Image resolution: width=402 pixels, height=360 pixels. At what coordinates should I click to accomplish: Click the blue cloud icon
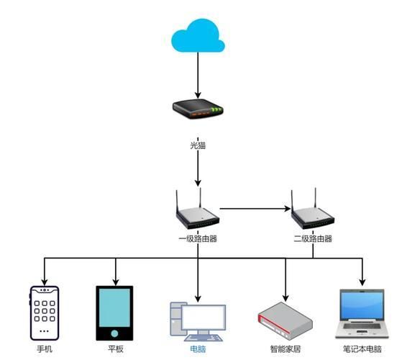tap(198, 35)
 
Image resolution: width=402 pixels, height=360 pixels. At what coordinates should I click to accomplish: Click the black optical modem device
tap(198, 109)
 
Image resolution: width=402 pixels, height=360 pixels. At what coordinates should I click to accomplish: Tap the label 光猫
tap(198, 145)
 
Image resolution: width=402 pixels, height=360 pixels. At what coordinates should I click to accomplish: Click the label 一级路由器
tap(198, 238)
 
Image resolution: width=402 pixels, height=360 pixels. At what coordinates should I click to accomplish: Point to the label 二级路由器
tap(313, 238)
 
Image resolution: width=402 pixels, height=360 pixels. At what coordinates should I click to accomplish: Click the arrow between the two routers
tap(255, 209)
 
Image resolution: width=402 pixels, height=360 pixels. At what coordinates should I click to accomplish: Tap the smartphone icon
tap(45, 312)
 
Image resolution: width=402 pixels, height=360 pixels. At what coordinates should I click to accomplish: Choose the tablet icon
tap(114, 313)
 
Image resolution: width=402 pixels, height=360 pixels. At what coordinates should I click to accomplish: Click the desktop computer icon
tap(198, 322)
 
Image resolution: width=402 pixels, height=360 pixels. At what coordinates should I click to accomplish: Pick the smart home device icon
tap(285, 319)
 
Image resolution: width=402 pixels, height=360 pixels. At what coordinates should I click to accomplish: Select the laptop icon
tap(362, 313)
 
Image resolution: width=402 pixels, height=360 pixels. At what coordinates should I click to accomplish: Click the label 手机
tap(45, 349)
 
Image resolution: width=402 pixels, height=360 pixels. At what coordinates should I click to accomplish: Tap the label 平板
tap(116, 349)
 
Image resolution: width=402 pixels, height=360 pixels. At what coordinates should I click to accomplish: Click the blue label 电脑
tap(198, 349)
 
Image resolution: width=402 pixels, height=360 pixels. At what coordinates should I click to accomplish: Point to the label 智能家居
tap(285, 349)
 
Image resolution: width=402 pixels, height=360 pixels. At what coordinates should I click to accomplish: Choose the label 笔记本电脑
tap(362, 349)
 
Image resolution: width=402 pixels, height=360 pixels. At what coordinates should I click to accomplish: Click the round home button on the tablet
tap(114, 333)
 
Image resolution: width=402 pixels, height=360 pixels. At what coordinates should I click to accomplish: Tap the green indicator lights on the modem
tap(216, 110)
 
